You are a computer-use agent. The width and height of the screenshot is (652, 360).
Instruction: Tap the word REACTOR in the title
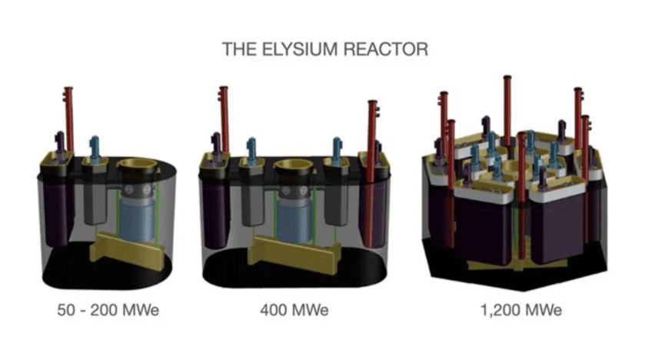[x=384, y=49]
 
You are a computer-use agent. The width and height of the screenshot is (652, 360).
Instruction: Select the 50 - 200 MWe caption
[x=108, y=311]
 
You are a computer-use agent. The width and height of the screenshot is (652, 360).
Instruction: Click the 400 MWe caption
[x=294, y=311]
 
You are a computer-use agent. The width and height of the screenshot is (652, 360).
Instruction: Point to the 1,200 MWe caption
[x=521, y=311]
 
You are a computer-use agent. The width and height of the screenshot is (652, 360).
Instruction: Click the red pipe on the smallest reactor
[x=69, y=119]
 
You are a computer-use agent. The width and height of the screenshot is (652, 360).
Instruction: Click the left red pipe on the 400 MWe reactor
[x=225, y=119]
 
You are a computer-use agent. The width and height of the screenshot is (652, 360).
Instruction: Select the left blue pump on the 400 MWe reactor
[x=251, y=151]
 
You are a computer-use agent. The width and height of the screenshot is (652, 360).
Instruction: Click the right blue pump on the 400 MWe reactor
[x=338, y=151]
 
